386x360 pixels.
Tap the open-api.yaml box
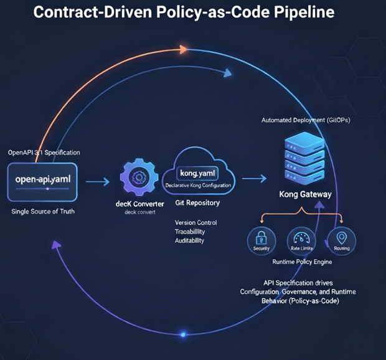click(x=42, y=181)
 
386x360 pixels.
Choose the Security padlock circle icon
click(x=261, y=239)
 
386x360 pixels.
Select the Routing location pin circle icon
click(x=341, y=239)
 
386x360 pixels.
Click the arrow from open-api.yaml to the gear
click(x=96, y=182)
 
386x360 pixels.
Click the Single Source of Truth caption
click(x=42, y=212)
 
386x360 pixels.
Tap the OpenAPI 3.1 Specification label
click(x=44, y=153)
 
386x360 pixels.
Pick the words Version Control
click(x=195, y=222)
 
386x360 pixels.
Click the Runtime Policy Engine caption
click(x=302, y=262)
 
